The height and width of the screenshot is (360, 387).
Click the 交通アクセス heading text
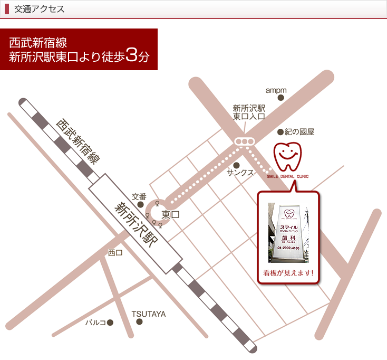40,9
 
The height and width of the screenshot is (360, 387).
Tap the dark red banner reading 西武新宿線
79,49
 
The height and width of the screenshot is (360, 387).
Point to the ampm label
276,90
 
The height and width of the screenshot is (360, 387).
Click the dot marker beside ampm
281,98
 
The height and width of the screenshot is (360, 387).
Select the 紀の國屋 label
299,132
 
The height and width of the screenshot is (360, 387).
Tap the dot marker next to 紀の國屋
280,132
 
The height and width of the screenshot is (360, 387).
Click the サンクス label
240,173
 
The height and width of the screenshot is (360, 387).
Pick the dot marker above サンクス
236,165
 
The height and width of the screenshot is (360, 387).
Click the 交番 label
139,196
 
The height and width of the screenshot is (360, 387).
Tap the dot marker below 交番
140,204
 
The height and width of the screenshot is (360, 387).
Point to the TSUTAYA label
149,314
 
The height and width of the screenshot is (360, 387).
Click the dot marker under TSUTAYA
140,321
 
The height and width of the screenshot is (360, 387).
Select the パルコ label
96,322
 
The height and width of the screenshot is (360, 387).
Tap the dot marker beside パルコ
110,322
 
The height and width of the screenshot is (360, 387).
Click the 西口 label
115,253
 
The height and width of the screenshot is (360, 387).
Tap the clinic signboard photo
288,233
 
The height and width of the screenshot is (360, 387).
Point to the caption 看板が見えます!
288,273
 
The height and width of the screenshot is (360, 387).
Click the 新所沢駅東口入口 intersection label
249,112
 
